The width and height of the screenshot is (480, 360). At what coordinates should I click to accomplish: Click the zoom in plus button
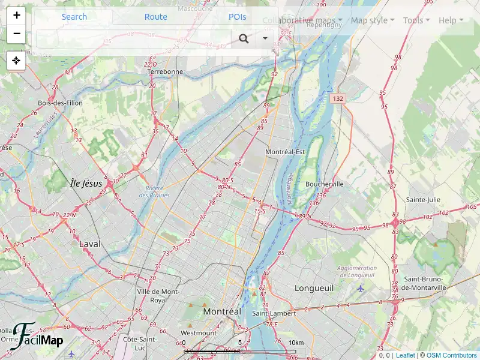point(16,16)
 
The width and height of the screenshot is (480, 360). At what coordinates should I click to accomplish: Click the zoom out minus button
point(16,34)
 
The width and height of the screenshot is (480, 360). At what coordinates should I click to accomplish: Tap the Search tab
point(74,17)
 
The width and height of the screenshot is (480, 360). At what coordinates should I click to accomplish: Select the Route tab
point(156,17)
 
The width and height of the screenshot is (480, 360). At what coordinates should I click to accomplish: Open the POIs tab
point(238,17)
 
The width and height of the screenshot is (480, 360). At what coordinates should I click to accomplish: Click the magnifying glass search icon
point(244,39)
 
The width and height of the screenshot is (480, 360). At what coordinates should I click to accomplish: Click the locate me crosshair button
point(16,61)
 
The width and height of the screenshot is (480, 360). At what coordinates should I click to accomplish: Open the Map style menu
point(373,20)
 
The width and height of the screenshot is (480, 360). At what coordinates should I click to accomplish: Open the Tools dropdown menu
point(416,20)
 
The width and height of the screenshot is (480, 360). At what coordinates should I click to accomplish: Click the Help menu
point(451,20)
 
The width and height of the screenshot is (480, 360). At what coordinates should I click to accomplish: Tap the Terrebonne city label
point(165,71)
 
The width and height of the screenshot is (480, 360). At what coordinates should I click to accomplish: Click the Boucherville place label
point(325,184)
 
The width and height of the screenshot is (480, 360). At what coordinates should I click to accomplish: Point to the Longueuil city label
point(314,289)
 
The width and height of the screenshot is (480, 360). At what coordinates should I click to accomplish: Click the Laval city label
point(90,244)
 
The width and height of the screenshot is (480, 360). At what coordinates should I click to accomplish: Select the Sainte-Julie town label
point(424,200)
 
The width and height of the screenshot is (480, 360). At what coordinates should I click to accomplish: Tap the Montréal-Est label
point(285,152)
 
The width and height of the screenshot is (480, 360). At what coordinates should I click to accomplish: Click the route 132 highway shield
point(338,98)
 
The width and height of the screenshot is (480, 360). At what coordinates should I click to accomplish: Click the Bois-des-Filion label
point(60,103)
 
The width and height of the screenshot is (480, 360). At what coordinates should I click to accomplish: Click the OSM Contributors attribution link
point(451,355)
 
